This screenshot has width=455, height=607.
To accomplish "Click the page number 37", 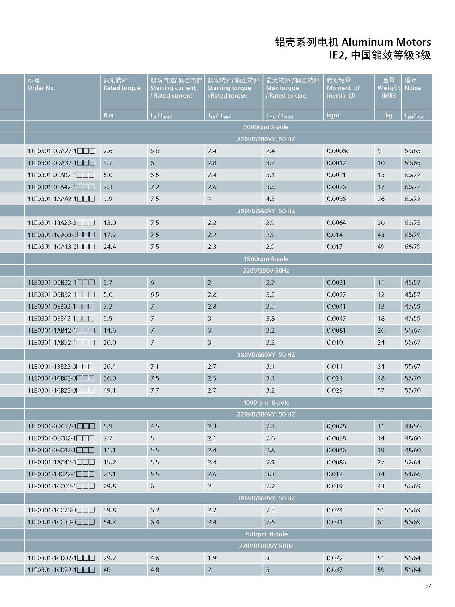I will pos(427,586).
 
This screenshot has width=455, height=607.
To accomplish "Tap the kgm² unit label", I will pos(334,115).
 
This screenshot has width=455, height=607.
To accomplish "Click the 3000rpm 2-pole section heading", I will pos(266,127).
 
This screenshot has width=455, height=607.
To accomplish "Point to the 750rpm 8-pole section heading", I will pos(266,534).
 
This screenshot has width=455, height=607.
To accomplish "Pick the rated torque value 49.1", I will pos(110,390).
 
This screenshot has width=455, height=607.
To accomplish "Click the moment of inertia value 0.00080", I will pos(338,151).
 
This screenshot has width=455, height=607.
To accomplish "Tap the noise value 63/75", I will pos(412,223).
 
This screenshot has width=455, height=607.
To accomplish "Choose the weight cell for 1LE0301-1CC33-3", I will pos(381,522).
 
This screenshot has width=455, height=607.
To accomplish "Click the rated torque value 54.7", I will pos(110,522).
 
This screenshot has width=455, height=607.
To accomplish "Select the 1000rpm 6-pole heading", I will pos(266,402).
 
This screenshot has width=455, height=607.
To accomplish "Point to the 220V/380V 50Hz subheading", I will pos(266,271).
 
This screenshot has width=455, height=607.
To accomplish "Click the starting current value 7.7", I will pos(155,390).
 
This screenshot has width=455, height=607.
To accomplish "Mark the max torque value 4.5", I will pos(270,199).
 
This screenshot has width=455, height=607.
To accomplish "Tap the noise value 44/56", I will pos(412,426).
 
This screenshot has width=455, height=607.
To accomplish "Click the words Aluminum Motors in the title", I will pos(386,42).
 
